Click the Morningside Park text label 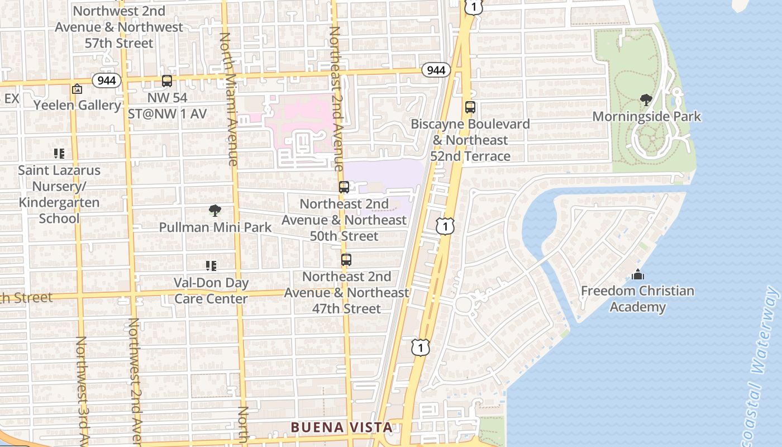pos(646,117)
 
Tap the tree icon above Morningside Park pos(646,100)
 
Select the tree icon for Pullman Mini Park pos(214,211)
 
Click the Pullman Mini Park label pos(215,227)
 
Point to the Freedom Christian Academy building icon pos(637,274)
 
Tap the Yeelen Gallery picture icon pos(77,89)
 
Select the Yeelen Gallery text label pos(77,105)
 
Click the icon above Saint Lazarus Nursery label pos(59,154)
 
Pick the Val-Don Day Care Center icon pos(211,266)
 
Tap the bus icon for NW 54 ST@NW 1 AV pos(167,81)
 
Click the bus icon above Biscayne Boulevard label pos(470,107)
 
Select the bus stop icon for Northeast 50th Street pos(344,187)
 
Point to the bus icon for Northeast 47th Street pos(346,260)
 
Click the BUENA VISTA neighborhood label pos(341,427)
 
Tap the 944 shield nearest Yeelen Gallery pos(107,80)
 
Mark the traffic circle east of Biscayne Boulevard pos(463,305)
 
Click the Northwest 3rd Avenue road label pos(82,391)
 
